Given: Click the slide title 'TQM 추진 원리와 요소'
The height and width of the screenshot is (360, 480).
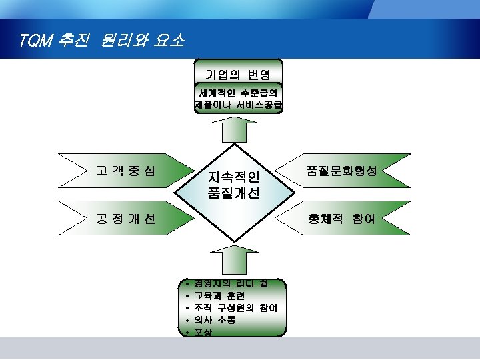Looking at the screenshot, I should (x=102, y=41).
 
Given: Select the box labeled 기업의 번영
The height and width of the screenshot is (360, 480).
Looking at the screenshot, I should (x=238, y=73).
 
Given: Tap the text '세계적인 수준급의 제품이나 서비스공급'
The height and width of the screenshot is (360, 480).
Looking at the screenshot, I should (x=238, y=98).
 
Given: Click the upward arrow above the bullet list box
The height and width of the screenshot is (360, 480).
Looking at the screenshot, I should (x=233, y=261).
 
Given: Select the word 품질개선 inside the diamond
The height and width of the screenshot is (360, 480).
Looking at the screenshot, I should (x=234, y=194).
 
